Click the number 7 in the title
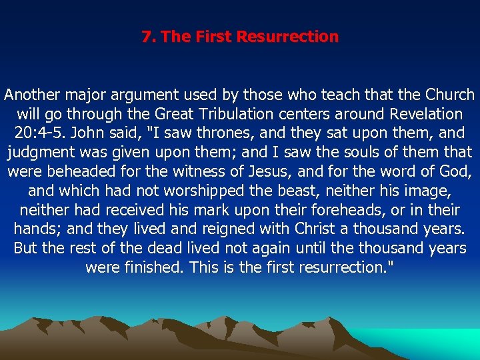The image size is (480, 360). point(146,37)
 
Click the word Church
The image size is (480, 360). point(449,95)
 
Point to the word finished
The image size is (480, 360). point(154,268)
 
